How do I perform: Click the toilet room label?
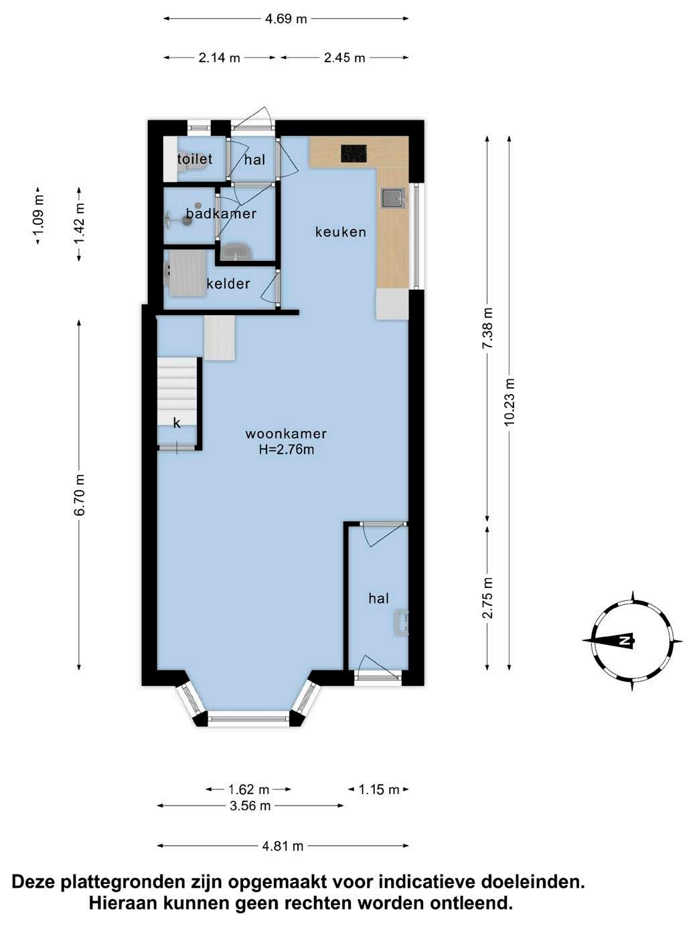[x=195, y=159]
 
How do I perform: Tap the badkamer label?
[x=221, y=213]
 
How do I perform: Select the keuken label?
[x=341, y=231]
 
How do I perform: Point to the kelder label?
[x=228, y=284]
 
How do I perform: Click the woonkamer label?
[x=286, y=434]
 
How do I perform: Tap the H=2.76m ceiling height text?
[x=287, y=450]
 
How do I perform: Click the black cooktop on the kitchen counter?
[x=354, y=154]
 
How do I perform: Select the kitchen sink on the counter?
[x=393, y=198]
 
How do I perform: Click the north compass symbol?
[x=633, y=641]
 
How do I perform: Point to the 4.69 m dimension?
[x=286, y=19]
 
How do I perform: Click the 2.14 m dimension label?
[x=219, y=58]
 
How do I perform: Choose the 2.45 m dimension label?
[x=344, y=58]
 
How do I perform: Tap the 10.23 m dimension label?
[x=510, y=402]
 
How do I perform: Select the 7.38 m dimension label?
[x=487, y=329]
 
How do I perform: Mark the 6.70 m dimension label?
[x=79, y=494]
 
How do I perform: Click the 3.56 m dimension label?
[x=250, y=806]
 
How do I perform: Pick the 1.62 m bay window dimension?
[x=248, y=790]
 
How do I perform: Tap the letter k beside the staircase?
[x=177, y=423]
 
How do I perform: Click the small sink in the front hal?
[x=401, y=622]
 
